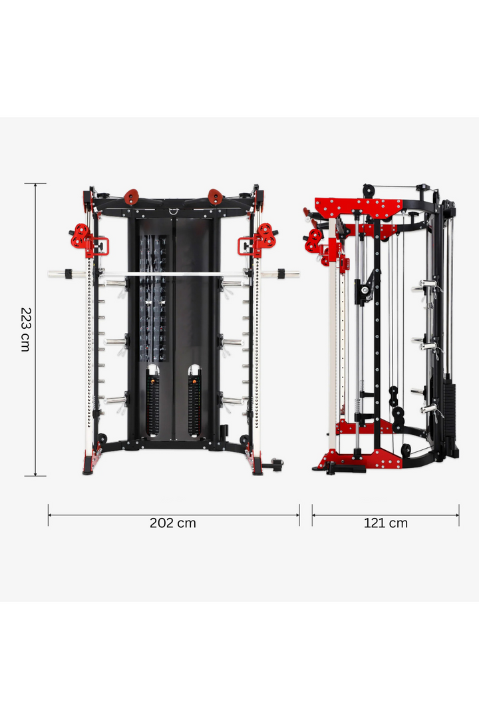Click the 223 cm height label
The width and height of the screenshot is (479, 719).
(25, 329)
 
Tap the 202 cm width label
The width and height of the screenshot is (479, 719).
(173, 523)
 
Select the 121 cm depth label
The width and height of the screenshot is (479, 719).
(385, 523)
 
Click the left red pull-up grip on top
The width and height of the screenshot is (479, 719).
(130, 196)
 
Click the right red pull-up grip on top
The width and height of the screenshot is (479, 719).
(216, 196)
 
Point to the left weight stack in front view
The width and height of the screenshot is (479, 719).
(153, 399)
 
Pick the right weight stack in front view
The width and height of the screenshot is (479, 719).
(194, 399)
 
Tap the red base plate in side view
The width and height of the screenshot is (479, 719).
(363, 458)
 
